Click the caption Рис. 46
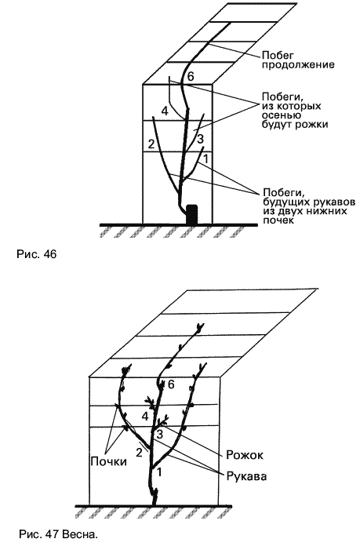coord(36,254)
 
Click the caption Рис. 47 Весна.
coord(59,534)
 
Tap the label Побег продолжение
coord(298,60)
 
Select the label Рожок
coord(245,455)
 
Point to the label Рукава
coord(246,475)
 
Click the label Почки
coord(108,461)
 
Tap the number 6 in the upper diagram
coord(191,77)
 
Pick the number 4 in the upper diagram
coord(165,111)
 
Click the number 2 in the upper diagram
coord(151,144)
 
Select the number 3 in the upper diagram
coord(200,140)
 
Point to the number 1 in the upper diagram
coord(205,159)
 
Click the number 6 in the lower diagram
coord(171,384)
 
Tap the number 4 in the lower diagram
coord(145,416)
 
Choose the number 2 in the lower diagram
coord(139,453)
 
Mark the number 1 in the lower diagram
coord(159,472)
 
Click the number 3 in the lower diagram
coord(159,434)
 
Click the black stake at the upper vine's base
coord(192,214)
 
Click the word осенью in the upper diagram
coord(282,115)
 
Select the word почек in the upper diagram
coord(278,220)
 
